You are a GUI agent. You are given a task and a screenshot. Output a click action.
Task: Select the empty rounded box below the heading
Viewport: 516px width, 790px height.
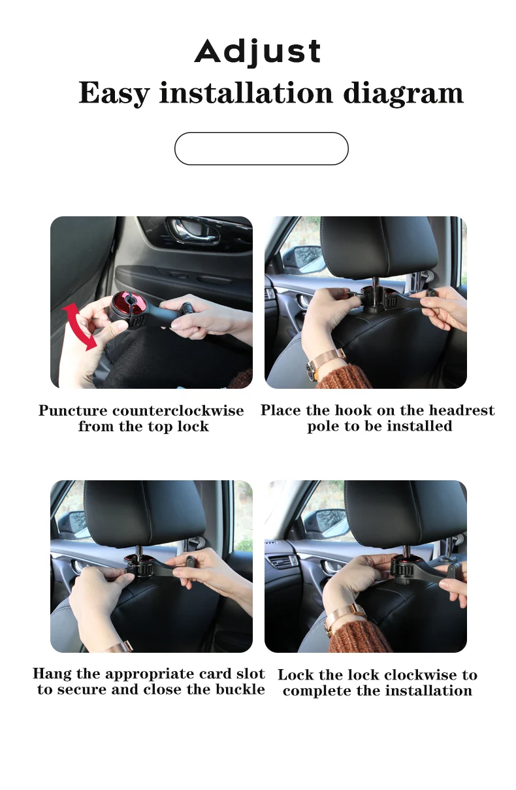(x=261, y=149)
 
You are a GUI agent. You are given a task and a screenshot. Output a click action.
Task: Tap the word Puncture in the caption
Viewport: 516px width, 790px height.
(x=73, y=411)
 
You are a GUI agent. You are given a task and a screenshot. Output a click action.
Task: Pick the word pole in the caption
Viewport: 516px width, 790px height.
(x=322, y=427)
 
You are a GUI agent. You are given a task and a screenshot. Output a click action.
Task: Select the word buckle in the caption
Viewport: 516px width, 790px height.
(x=239, y=690)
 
